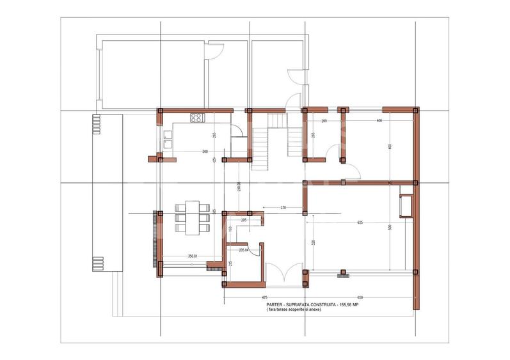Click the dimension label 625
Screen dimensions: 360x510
[x=360, y=222]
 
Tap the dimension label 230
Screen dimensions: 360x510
[x=282, y=208]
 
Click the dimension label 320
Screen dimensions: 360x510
[x=314, y=243]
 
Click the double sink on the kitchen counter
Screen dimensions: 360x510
[x=167, y=139]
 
